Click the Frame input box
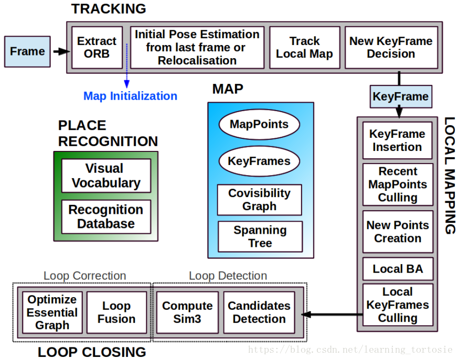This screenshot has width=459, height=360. [x=27, y=51]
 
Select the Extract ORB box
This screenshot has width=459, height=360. [x=97, y=47]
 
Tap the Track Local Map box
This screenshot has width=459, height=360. [x=304, y=47]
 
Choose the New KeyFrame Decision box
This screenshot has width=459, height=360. [x=391, y=47]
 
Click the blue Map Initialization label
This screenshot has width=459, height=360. [x=130, y=96]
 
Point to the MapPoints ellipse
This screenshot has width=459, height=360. [x=259, y=125]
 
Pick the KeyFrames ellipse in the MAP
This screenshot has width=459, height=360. [x=259, y=161]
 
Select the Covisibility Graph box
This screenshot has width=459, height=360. [x=259, y=200]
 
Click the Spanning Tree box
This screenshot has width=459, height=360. [x=260, y=236]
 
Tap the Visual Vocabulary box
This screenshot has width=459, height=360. [x=106, y=176]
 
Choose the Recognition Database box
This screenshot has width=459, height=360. [x=106, y=216]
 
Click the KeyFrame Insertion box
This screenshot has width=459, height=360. [x=397, y=140]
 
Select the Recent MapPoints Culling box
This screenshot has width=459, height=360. [x=398, y=184]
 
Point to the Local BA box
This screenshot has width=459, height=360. [x=398, y=269]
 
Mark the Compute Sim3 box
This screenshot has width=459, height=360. [x=187, y=312]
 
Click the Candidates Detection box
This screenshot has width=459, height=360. [x=259, y=312]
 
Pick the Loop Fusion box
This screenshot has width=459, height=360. [x=116, y=312]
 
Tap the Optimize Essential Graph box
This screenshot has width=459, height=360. [x=52, y=312]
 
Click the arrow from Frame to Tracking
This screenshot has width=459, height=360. [x=60, y=51]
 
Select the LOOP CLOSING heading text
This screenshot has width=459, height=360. [x=92, y=352]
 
